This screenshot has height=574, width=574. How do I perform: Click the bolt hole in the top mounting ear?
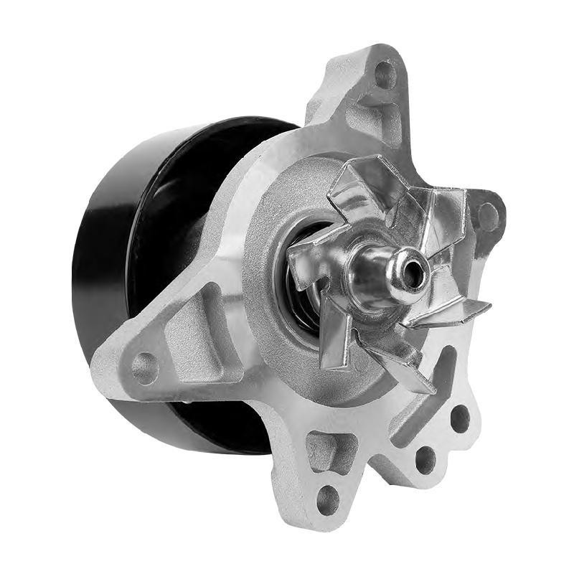click(385, 73)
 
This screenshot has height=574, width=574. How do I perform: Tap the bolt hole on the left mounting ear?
click(146, 367)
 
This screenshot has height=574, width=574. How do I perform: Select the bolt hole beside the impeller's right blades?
click(489, 216)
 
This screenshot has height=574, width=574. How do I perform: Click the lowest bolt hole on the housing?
click(328, 499)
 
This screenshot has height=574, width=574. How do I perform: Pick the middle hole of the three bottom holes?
click(425, 458)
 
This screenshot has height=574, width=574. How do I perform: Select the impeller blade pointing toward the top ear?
click(359, 183)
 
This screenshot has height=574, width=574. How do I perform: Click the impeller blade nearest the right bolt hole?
click(445, 215)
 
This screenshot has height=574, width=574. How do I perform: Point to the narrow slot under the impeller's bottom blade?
click(434, 380)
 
